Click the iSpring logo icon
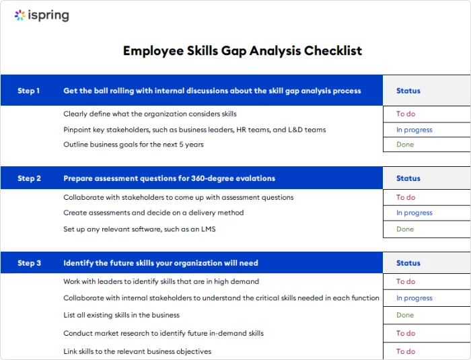point(20,15)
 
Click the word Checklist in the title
point(332,50)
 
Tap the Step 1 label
point(29,91)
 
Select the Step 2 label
point(29,178)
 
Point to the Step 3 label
point(29,263)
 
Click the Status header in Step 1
point(408,91)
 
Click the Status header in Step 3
point(408,263)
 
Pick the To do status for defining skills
point(405,114)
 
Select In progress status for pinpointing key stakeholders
point(414,130)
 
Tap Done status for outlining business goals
point(405,145)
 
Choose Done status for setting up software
point(405,229)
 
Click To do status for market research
point(405,333)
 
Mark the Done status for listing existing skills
point(405,315)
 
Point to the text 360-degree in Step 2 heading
point(200,178)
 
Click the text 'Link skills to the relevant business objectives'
point(137,351)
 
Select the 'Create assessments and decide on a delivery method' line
point(153,213)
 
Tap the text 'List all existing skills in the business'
point(121,315)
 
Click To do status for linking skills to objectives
point(405,351)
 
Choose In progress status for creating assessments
point(414,213)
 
